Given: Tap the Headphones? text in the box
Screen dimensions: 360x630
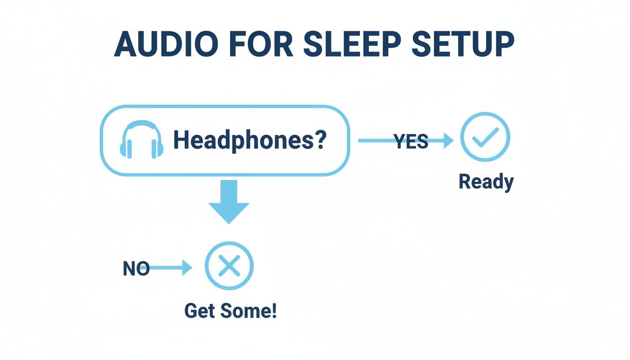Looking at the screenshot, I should [249, 140].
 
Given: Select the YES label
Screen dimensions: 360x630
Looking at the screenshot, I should [411, 141].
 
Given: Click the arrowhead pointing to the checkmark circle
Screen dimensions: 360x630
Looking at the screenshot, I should [449, 140].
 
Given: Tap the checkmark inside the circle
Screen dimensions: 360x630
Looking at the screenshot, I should [485, 137].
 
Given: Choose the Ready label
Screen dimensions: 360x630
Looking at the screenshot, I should [486, 181].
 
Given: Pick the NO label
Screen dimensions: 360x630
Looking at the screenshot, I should [136, 268].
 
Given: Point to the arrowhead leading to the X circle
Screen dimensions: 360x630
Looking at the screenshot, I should [187, 268].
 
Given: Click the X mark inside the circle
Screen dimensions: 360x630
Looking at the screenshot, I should [229, 266].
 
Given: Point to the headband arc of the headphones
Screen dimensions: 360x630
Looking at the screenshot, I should [142, 125].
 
